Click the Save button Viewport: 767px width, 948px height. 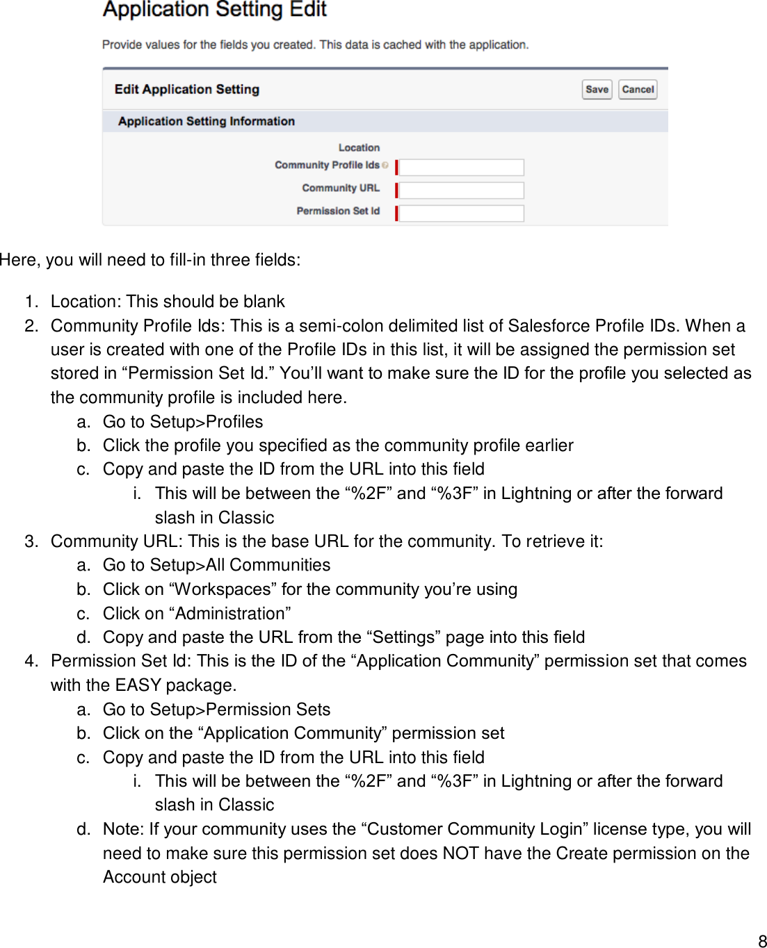coord(597,90)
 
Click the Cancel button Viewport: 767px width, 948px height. coord(638,90)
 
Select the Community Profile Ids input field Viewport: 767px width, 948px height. coord(461,167)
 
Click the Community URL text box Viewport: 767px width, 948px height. coord(461,190)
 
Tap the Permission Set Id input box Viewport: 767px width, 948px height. coord(461,213)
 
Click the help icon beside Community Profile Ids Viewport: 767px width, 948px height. coord(385,165)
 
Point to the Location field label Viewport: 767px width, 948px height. coord(359,147)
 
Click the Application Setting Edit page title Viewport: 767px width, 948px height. coord(215,10)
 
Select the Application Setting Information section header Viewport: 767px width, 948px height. coord(207,121)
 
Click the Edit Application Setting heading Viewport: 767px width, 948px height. coord(187,89)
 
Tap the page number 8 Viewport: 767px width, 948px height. coord(761,941)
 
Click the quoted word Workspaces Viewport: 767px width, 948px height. coord(223,589)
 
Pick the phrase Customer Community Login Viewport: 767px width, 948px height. coord(474,829)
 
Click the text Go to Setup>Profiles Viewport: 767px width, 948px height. coord(183,422)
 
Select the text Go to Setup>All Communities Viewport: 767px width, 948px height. coord(216,565)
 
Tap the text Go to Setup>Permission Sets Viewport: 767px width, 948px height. coord(216,710)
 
